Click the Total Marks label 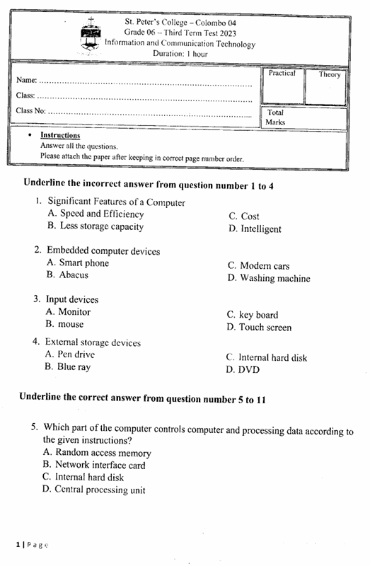[276, 117]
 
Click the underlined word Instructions [60, 135]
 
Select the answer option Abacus [74, 275]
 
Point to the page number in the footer [32, 545]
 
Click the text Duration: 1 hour [180, 54]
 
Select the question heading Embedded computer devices [103, 251]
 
